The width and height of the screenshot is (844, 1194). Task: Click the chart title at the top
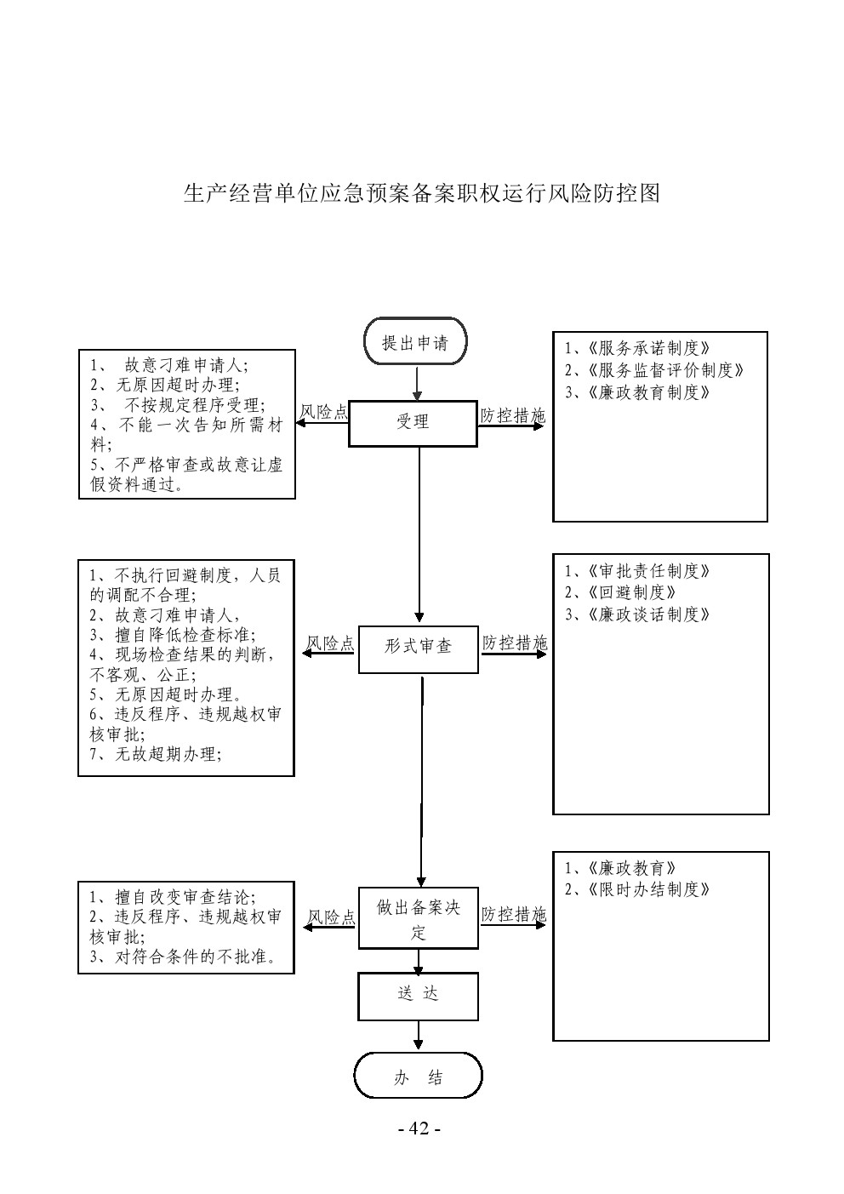click(422, 193)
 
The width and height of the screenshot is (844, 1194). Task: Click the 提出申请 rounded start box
click(415, 342)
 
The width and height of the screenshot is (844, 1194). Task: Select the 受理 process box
click(413, 423)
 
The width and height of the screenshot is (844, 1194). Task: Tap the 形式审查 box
click(418, 648)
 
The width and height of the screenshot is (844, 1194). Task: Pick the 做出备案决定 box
click(418, 919)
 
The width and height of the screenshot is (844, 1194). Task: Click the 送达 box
click(418, 995)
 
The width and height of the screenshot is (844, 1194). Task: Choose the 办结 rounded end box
click(418, 1077)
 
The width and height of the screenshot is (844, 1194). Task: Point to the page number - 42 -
click(419, 1128)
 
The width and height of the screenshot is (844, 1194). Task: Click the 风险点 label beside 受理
click(324, 413)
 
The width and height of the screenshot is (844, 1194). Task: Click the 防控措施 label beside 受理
click(512, 415)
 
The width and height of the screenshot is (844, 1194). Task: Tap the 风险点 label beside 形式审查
click(330, 643)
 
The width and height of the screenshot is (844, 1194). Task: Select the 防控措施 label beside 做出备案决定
click(513, 915)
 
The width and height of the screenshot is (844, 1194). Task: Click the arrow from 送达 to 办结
click(418, 1036)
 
